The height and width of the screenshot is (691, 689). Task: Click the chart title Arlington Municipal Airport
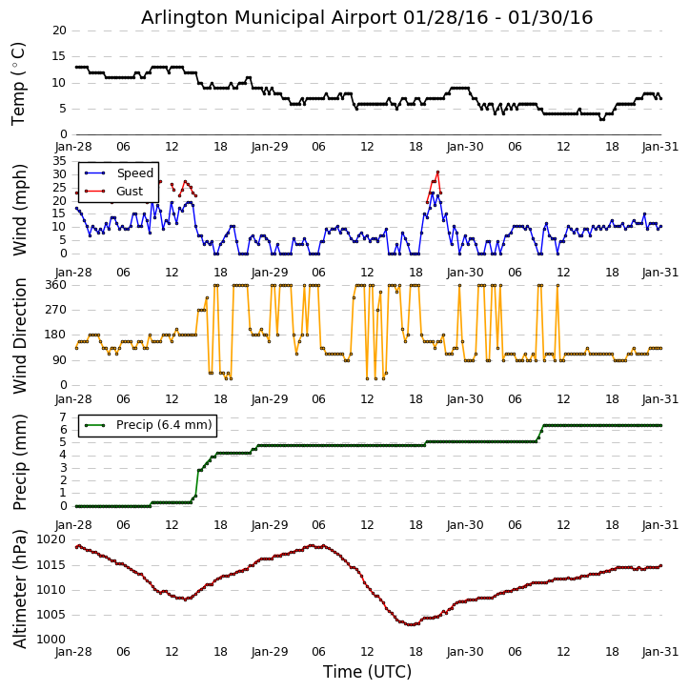coord(367,17)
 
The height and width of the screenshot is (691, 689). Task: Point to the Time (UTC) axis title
coord(367,672)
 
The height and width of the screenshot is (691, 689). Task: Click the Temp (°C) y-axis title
coord(19,83)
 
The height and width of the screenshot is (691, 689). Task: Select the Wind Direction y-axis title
coord(19,335)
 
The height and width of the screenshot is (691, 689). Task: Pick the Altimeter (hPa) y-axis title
coord(19,588)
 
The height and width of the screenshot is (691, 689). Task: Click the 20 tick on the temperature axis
coord(59,30)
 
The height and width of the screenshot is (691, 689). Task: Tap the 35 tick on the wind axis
coord(59,162)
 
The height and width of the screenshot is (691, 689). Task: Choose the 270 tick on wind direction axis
coord(53,310)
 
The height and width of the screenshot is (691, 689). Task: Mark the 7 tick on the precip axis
coord(62,417)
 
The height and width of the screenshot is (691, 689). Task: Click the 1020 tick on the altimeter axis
coord(50,539)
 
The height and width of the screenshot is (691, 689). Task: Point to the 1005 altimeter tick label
coord(50,615)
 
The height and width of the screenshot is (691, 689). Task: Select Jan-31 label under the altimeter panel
coord(661,653)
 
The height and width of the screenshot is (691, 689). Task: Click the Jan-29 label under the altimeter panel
coord(270,653)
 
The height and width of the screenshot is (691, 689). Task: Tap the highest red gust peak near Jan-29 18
coord(437,173)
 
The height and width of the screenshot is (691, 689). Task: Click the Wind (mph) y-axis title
coord(19,208)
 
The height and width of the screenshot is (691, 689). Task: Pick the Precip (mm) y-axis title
coord(19,461)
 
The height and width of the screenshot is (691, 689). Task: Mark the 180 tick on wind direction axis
coord(53,335)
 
